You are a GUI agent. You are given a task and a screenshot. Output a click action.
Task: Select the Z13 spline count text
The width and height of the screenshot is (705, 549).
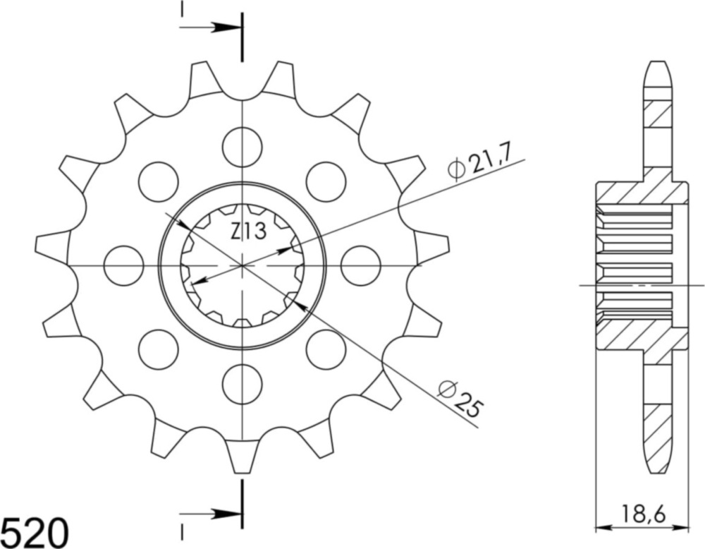click(x=247, y=231)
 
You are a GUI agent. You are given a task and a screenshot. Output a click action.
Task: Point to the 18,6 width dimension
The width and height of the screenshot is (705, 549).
click(x=642, y=510)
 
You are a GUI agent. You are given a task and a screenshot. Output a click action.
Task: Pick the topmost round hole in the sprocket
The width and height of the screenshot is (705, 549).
click(x=242, y=147)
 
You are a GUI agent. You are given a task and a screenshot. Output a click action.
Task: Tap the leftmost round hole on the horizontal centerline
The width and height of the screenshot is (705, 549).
click(x=123, y=265)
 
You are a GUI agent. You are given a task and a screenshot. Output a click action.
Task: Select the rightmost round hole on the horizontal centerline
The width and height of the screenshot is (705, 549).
click(x=360, y=265)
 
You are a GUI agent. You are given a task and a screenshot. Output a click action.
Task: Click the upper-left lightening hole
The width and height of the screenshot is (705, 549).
click(x=158, y=181)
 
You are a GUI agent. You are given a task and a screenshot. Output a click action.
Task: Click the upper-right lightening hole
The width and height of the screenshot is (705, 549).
click(x=326, y=181)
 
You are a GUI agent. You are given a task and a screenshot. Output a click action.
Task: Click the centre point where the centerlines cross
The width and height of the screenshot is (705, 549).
click(x=242, y=265)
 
